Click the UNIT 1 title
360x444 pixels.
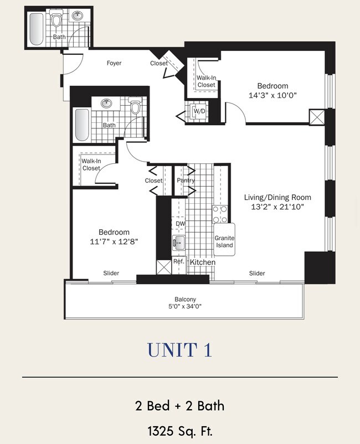(x=179, y=350)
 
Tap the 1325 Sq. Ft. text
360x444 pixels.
(x=179, y=430)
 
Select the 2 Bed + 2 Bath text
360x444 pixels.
(x=179, y=405)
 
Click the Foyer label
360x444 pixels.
(x=114, y=63)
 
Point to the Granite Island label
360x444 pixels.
(x=225, y=241)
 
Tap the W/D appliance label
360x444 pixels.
(x=198, y=111)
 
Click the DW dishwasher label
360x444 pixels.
(x=180, y=224)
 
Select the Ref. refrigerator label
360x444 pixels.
(x=178, y=261)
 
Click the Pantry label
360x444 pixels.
(x=186, y=180)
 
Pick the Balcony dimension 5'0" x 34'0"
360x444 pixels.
(x=185, y=307)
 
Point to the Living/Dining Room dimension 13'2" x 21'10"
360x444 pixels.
(x=277, y=206)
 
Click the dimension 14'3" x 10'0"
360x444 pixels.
(x=272, y=95)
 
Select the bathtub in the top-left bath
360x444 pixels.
(x=35, y=29)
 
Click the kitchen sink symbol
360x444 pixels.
(x=177, y=242)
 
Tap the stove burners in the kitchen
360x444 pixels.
(x=220, y=214)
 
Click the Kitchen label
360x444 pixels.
(x=202, y=261)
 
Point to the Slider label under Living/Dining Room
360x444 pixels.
(x=257, y=273)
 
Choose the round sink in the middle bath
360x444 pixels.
(x=107, y=103)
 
